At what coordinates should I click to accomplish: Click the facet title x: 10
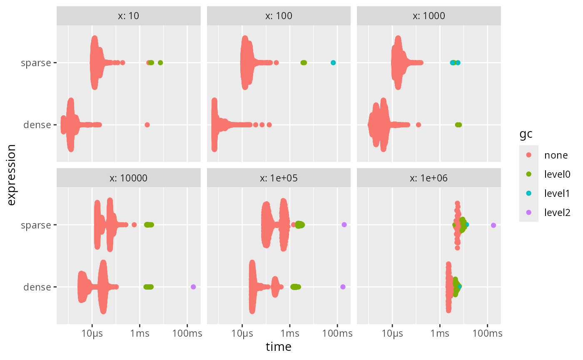tap(129, 16)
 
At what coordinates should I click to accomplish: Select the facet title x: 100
tap(279, 16)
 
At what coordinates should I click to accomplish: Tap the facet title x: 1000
tap(429, 16)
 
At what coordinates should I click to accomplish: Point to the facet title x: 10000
tap(129, 178)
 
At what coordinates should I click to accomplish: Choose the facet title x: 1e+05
tap(279, 178)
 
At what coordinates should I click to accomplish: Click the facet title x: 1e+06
tap(429, 178)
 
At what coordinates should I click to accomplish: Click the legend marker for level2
tap(529, 212)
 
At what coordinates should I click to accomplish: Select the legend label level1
tap(557, 193)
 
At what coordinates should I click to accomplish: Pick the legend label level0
tap(557, 174)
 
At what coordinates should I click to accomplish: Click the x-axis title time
tap(279, 347)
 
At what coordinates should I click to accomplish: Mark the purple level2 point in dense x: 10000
tap(193, 287)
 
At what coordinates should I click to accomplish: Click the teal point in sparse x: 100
tap(333, 62)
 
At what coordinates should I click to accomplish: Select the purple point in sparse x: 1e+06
tap(493, 225)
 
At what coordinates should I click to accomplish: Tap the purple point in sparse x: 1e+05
tap(344, 224)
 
